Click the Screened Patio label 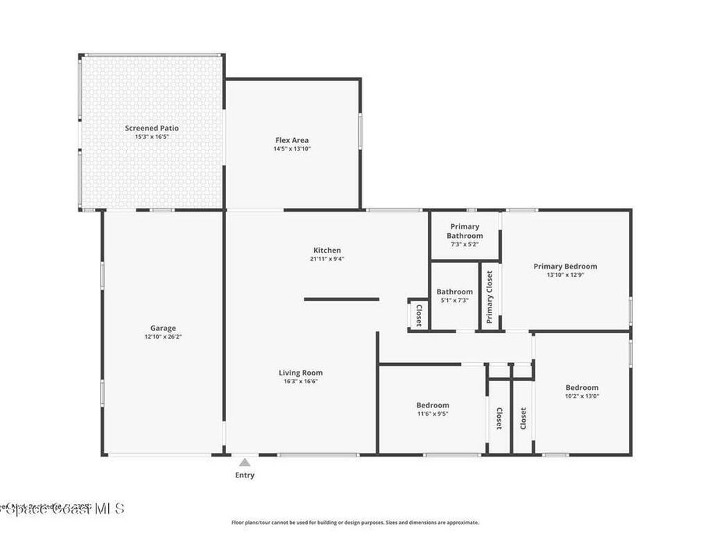tap(152, 128)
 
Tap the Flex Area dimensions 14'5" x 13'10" tap(292, 149)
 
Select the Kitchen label tap(327, 250)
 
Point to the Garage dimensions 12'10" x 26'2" tap(163, 337)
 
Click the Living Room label tap(301, 373)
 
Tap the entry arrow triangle tap(244, 462)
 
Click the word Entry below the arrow tap(244, 475)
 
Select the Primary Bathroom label tap(465, 231)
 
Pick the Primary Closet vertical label tap(490, 297)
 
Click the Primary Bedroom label tap(565, 266)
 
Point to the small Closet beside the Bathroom tap(419, 315)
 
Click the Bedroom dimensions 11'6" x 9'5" tap(433, 414)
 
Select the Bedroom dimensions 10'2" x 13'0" tap(582, 396)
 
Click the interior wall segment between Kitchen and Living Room tap(341, 299)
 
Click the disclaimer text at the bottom tap(354, 523)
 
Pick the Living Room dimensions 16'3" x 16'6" tap(301, 381)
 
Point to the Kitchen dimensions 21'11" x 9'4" tap(327, 258)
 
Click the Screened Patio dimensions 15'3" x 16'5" tap(152, 137)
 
